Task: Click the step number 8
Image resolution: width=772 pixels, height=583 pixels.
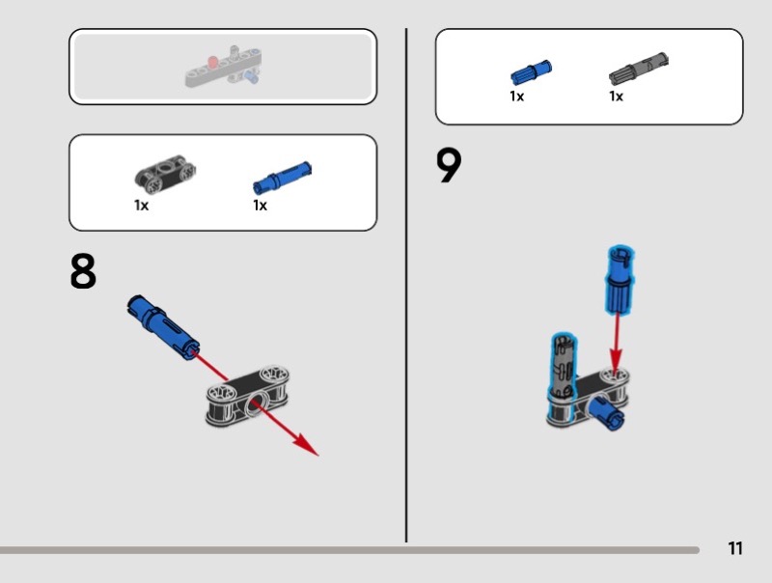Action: click(83, 271)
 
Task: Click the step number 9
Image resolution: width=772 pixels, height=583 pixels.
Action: click(449, 165)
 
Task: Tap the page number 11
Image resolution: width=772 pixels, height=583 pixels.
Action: click(735, 548)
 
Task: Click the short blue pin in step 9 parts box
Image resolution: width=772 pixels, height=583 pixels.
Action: click(531, 72)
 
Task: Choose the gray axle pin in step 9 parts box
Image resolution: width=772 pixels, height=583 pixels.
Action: click(639, 68)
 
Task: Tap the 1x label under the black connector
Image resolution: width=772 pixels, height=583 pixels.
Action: click(141, 206)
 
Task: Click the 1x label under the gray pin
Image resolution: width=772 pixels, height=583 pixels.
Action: click(616, 96)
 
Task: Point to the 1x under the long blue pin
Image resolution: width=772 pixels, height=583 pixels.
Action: click(260, 206)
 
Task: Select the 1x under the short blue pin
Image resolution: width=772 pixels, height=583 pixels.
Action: click(516, 96)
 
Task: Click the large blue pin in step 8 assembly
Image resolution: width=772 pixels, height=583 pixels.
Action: click(163, 327)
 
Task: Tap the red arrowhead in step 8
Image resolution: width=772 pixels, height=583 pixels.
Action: click(306, 445)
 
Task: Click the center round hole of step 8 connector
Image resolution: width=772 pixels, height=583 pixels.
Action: click(254, 403)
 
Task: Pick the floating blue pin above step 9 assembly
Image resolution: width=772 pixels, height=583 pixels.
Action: click(620, 279)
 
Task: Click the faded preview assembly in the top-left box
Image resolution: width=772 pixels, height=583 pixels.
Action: click(223, 67)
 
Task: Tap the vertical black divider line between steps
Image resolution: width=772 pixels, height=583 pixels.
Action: click(406, 286)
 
